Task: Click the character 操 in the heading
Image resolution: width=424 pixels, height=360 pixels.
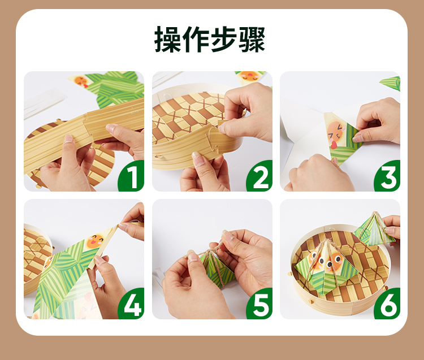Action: [x=168, y=40]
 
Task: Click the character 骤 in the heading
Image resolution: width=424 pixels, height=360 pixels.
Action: [x=252, y=40]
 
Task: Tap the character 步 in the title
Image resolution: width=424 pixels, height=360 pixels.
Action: [x=224, y=40]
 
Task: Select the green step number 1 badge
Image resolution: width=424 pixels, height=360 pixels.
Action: [x=131, y=176]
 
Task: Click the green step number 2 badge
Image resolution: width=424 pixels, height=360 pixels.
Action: [x=259, y=176]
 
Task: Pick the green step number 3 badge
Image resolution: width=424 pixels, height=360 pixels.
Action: [x=387, y=176]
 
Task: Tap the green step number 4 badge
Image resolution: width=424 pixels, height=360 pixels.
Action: [x=131, y=304]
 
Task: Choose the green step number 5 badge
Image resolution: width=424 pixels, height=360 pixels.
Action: [x=259, y=304]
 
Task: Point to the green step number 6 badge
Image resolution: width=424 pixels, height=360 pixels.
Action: [x=387, y=304]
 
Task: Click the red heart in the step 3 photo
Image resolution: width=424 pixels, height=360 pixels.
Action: [x=334, y=145]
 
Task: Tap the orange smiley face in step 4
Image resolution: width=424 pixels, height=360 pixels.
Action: [x=95, y=241]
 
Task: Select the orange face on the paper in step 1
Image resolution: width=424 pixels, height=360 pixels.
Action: [x=81, y=81]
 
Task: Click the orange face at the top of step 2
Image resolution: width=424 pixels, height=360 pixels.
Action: [x=249, y=75]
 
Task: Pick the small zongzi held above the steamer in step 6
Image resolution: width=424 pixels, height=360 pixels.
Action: [x=374, y=229]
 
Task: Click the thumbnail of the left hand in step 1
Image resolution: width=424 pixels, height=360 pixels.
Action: [x=68, y=138]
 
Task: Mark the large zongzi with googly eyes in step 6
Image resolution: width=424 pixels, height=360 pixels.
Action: [x=326, y=267]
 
